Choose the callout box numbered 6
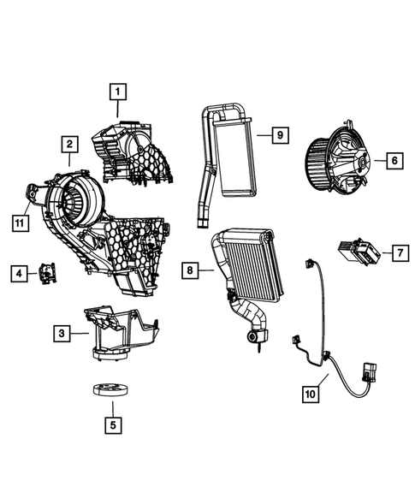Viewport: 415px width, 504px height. pos(393,159)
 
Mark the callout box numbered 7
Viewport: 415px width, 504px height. pos(399,252)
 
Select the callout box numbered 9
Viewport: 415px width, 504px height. pos(279,134)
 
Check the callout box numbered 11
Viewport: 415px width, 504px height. pos(18,223)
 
